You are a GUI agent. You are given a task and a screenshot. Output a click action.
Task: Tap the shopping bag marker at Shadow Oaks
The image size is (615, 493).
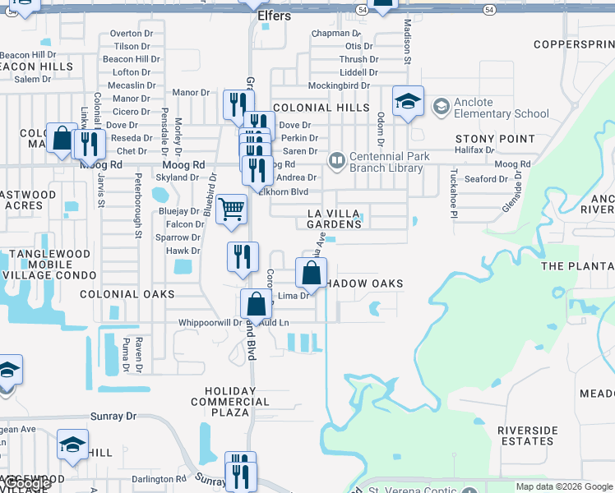(312, 273)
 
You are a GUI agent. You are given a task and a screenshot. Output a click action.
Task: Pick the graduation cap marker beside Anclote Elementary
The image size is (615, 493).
(408, 102)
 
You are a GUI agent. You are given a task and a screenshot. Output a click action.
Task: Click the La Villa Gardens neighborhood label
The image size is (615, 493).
(334, 219)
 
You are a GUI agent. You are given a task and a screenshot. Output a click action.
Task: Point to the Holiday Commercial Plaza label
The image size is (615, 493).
(230, 397)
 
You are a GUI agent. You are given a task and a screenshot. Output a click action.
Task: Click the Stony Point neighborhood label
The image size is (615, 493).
(495, 139)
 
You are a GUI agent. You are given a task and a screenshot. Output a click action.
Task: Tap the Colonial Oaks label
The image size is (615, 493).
(127, 293)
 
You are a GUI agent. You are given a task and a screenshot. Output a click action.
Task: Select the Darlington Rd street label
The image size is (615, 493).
(159, 479)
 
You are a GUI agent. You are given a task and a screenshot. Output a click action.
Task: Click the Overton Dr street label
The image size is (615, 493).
(131, 34)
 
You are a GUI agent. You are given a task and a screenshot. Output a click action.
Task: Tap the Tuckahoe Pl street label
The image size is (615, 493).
(453, 194)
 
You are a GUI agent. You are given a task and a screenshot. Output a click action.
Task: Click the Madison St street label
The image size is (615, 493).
(406, 42)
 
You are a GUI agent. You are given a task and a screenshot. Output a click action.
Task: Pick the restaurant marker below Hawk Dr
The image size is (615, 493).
(243, 257)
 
